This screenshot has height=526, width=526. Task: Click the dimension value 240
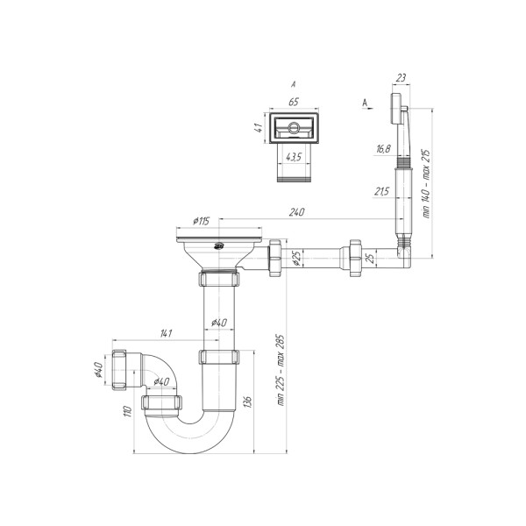pos(297,212)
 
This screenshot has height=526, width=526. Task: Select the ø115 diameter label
pos(202,221)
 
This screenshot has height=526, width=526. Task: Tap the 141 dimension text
pos(166,333)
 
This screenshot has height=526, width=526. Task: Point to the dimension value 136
pos(248,402)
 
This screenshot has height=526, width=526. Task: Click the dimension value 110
pos(128,411)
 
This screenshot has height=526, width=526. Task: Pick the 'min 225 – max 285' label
pos(281,370)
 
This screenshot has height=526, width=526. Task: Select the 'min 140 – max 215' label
pos(426,184)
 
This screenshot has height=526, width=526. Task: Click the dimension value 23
pos(401,78)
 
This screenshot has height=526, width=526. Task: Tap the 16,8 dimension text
pos(383,149)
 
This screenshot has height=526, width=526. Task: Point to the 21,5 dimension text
pos(382,191)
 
